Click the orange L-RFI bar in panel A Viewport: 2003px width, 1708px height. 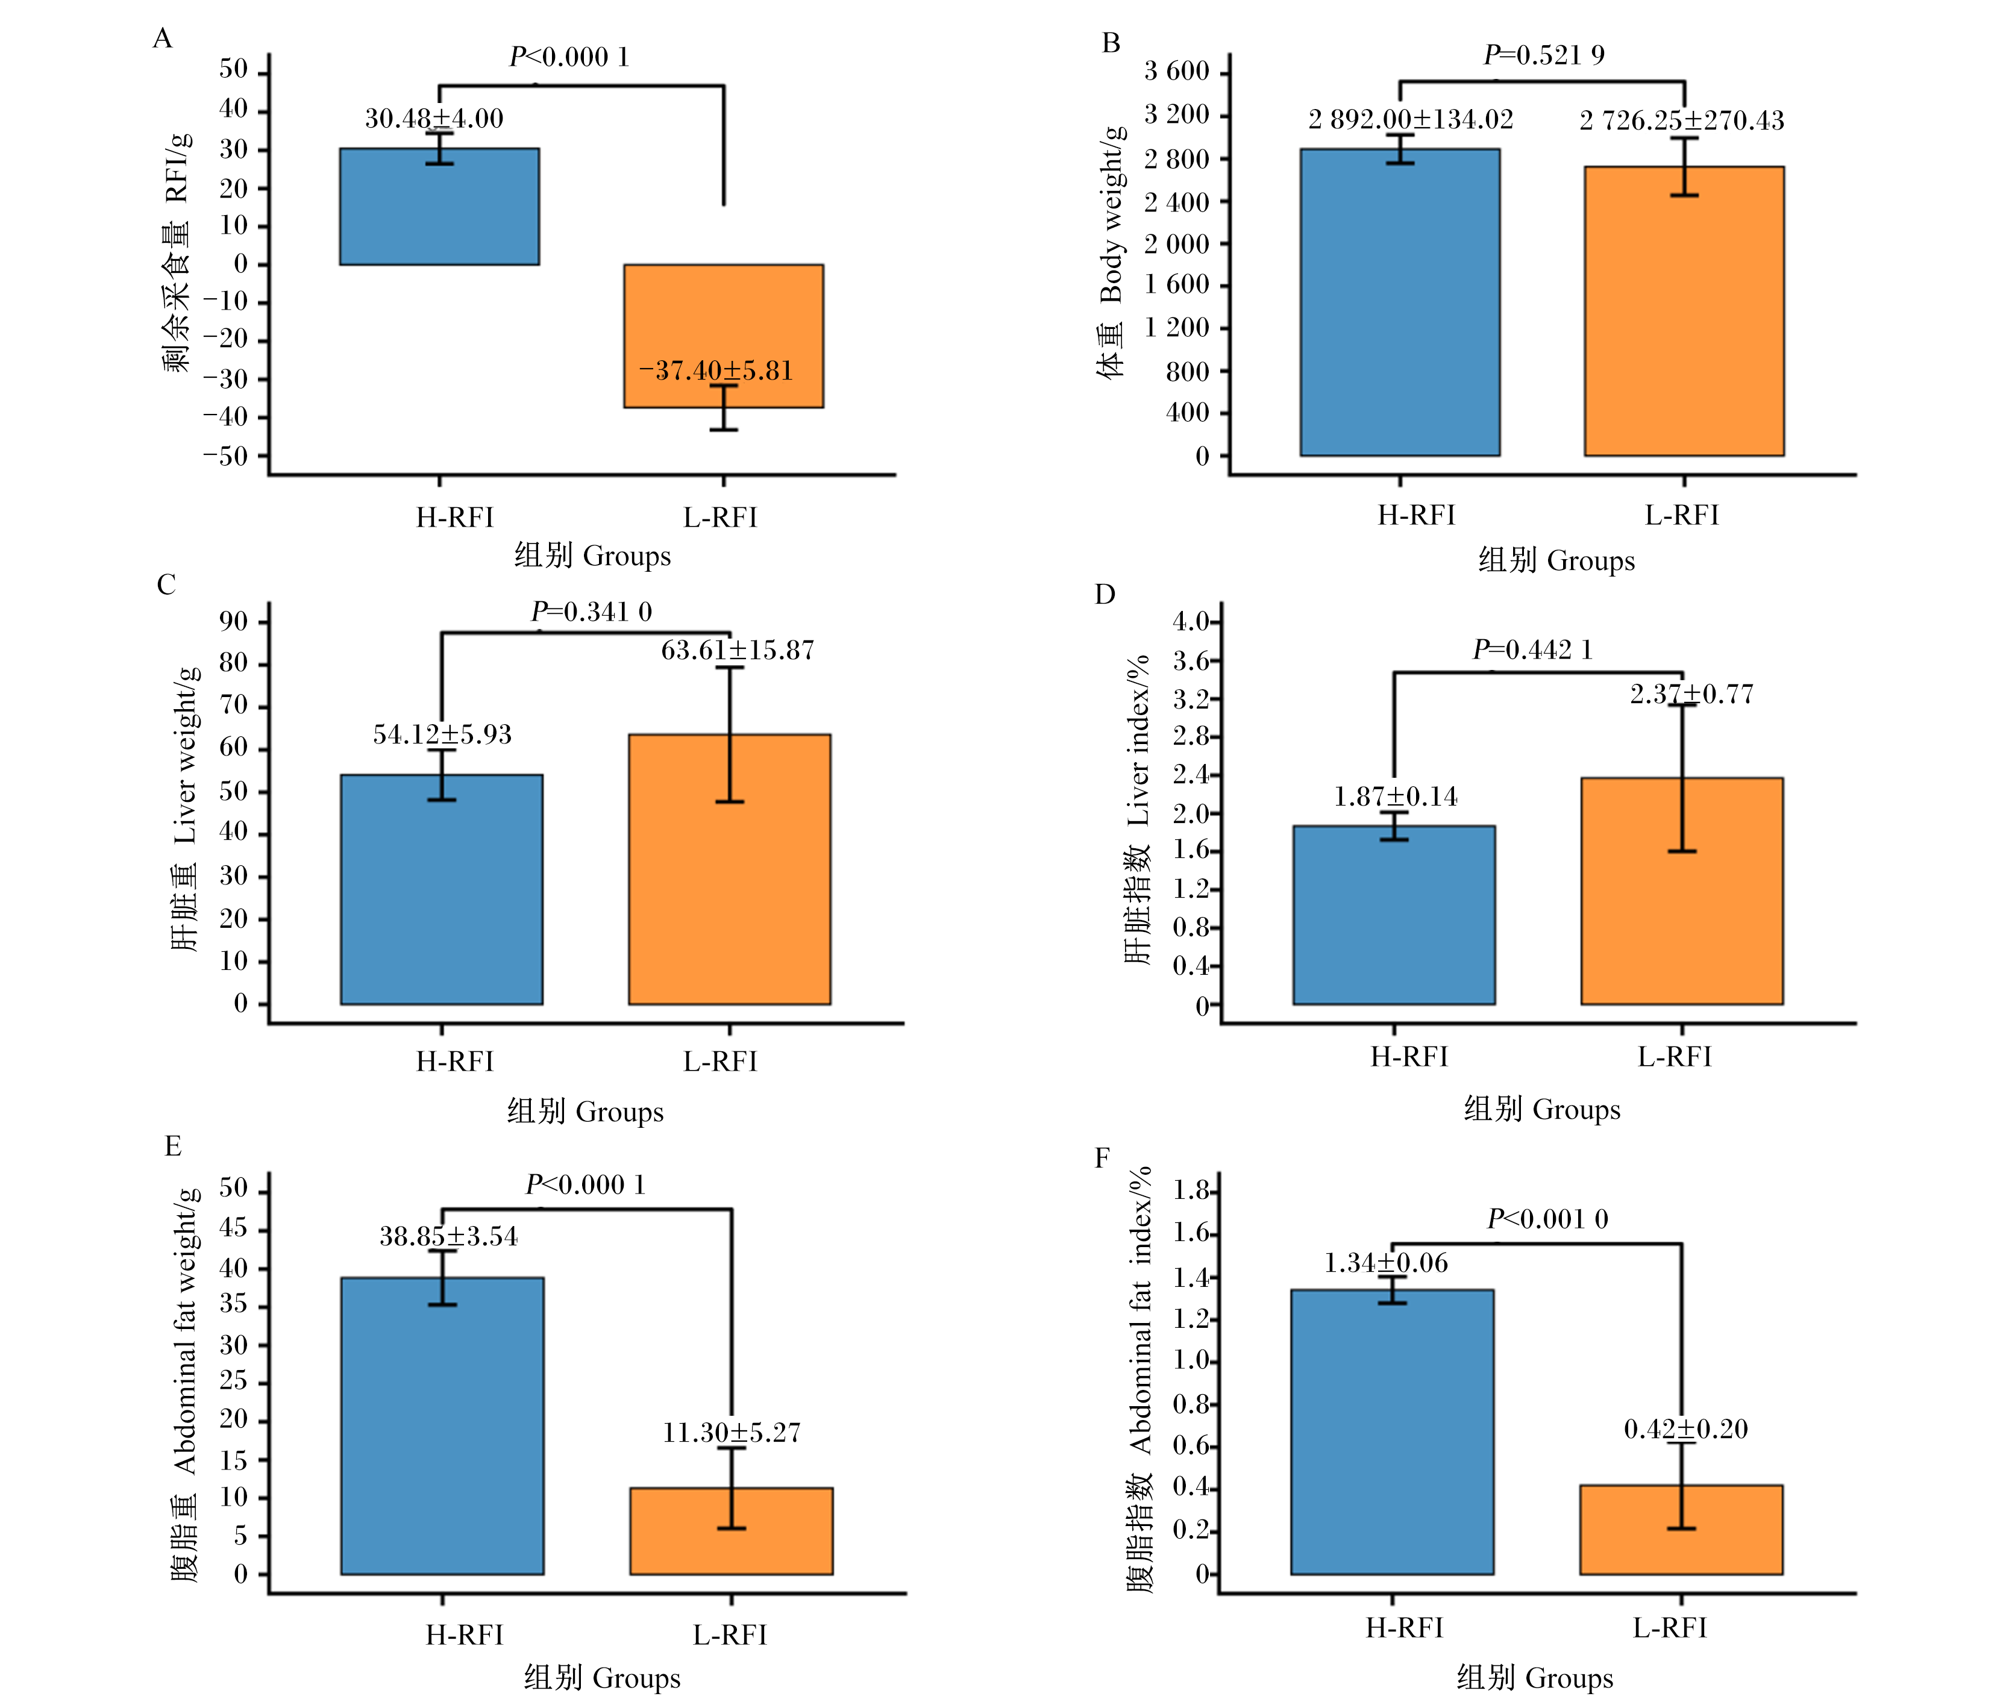point(723,336)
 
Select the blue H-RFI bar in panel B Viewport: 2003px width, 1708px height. point(1400,302)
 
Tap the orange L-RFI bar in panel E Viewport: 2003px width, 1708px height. point(732,1531)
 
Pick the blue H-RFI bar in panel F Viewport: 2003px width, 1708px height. point(1392,1431)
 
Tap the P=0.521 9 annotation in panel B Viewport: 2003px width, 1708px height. point(1544,55)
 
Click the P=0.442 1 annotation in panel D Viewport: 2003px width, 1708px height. point(1532,649)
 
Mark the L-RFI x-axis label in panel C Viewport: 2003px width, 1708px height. point(720,1062)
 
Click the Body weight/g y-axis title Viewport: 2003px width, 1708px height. point(1112,214)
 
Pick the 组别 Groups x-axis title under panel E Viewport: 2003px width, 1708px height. point(602,1677)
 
